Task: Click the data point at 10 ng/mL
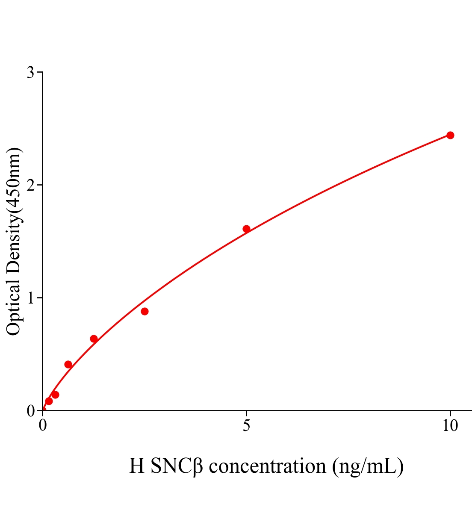click(x=450, y=135)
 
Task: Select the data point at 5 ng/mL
click(x=246, y=229)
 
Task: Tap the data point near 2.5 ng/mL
click(x=145, y=311)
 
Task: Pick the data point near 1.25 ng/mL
click(x=94, y=339)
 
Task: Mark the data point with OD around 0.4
click(x=68, y=364)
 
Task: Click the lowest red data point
click(x=49, y=401)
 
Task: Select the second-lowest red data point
click(x=55, y=395)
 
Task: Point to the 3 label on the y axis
click(x=30, y=73)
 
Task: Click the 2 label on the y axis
click(x=30, y=185)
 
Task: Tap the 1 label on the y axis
click(x=30, y=298)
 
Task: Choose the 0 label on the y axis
click(x=30, y=411)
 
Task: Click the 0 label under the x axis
click(x=43, y=426)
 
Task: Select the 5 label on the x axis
click(x=246, y=426)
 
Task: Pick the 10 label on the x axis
click(x=450, y=426)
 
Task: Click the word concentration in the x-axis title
click(x=268, y=466)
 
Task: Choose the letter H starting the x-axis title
click(x=137, y=466)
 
